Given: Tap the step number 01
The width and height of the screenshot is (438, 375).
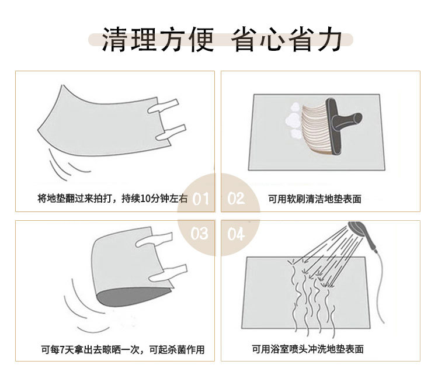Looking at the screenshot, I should [x=200, y=199].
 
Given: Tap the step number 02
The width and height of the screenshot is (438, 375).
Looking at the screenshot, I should [x=236, y=199].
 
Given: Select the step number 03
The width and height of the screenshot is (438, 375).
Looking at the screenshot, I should [x=200, y=234].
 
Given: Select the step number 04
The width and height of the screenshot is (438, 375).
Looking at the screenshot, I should [x=236, y=234].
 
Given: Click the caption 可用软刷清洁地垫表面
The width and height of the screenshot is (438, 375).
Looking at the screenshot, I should [x=315, y=199].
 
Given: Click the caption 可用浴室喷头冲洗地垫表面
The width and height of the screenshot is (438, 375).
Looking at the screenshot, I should [x=308, y=349].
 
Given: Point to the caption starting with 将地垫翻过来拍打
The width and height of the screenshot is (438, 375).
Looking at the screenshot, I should [x=112, y=199].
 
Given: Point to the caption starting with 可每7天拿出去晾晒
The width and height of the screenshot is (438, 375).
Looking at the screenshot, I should [x=123, y=349].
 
